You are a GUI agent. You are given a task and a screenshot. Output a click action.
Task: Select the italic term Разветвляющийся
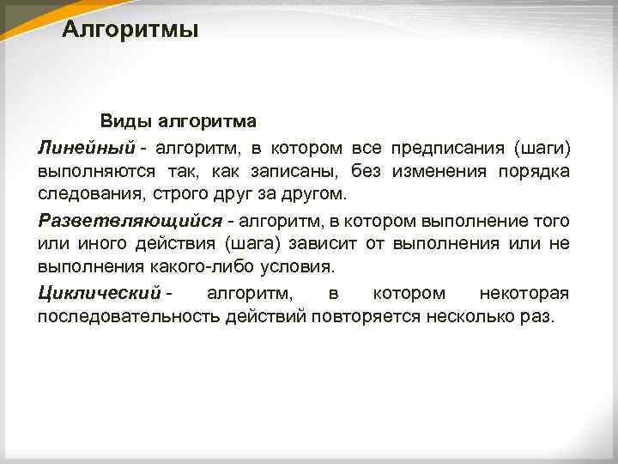[x=128, y=221]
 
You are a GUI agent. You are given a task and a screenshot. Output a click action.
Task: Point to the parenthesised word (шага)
[x=253, y=244]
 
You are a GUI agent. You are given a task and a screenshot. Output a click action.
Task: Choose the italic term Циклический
[x=100, y=294]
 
